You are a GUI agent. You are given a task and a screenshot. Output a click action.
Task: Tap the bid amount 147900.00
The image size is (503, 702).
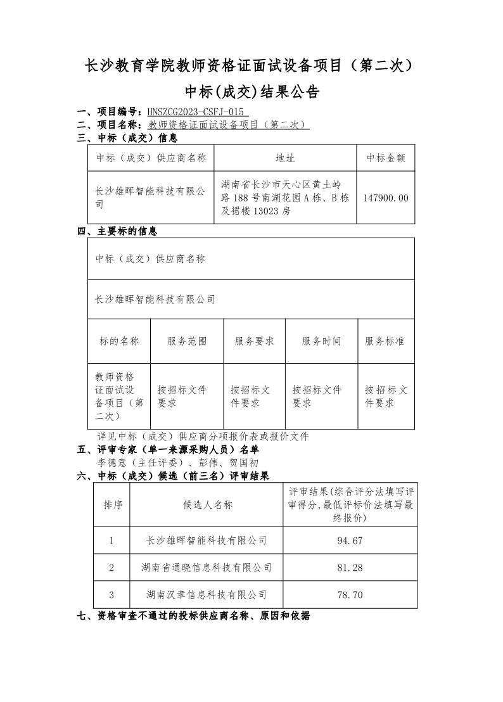point(386,198)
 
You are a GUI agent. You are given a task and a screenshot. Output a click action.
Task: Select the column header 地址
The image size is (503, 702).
point(285,158)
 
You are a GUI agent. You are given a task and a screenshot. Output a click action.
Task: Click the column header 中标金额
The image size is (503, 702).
point(386,158)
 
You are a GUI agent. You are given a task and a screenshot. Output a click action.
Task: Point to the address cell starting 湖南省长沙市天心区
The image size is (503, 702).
point(285,198)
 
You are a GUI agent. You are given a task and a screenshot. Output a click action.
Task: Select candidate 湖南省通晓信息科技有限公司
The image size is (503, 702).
point(207,568)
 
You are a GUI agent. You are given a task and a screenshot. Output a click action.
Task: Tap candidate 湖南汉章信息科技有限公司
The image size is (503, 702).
point(207,595)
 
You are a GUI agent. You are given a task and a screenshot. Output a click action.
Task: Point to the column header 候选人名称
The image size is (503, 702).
point(207,505)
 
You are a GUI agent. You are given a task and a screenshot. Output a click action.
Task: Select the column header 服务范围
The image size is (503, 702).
point(187,341)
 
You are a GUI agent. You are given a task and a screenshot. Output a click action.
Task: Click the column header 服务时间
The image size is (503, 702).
point(321,341)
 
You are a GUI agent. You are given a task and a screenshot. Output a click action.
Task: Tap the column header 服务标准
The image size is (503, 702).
point(385,341)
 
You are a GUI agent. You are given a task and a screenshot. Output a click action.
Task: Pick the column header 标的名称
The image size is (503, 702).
point(119,341)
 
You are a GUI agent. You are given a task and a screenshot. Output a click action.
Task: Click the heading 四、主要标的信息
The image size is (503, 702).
point(117,232)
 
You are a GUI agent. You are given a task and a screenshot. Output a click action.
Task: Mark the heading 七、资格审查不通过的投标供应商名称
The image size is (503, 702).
point(193,616)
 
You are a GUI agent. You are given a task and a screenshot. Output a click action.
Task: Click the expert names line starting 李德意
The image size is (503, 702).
point(177,463)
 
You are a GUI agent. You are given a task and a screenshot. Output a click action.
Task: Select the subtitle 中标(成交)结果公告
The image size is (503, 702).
point(251,93)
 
